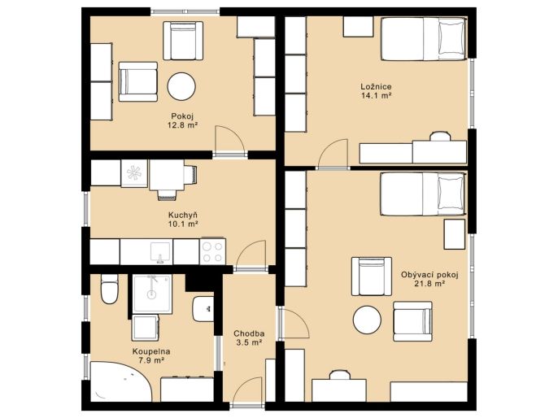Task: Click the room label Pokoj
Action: pyautogui.click(x=182, y=116)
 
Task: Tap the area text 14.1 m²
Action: pyautogui.click(x=376, y=95)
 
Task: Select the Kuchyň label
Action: pyautogui.click(x=182, y=216)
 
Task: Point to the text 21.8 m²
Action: pyautogui.click(x=429, y=284)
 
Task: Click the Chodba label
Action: pyautogui.click(x=249, y=333)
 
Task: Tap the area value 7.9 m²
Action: pyautogui.click(x=151, y=360)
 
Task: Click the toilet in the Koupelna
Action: pyautogui.click(x=109, y=289)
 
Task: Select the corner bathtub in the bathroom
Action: pyautogui.click(x=121, y=381)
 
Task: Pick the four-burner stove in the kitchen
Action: pyautogui.click(x=212, y=251)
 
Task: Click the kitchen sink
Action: pyautogui.click(x=160, y=252)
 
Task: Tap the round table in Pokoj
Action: pyautogui.click(x=181, y=86)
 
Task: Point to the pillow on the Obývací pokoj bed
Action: pyautogui.click(x=451, y=193)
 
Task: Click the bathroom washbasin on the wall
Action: pyautogui.click(x=203, y=309)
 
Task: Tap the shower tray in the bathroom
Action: pyautogui.click(x=152, y=294)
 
